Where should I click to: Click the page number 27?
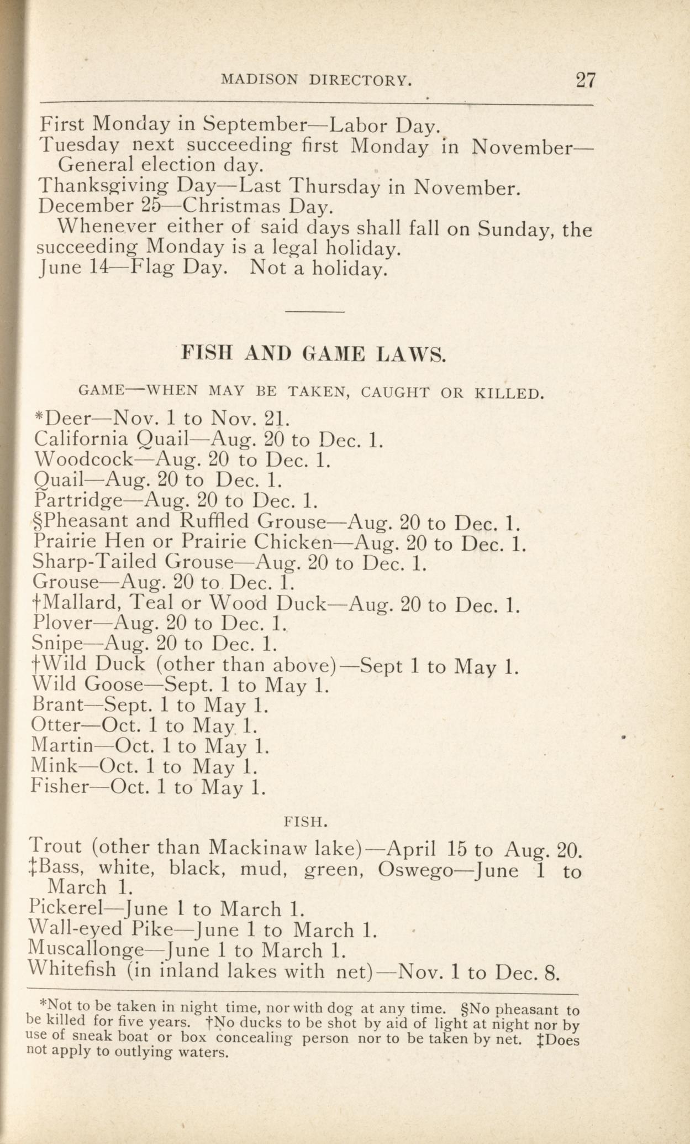[x=586, y=81]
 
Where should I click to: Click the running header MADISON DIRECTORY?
[x=316, y=81]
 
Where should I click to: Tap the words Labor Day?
[x=384, y=124]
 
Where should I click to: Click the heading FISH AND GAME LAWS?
[x=313, y=354]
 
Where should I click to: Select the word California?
[x=81, y=439]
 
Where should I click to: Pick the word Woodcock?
[x=83, y=459]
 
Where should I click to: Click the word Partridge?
[x=77, y=501]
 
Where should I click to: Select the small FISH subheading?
[x=306, y=822]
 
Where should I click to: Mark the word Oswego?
[x=415, y=870]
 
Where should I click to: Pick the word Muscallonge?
[x=85, y=950]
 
